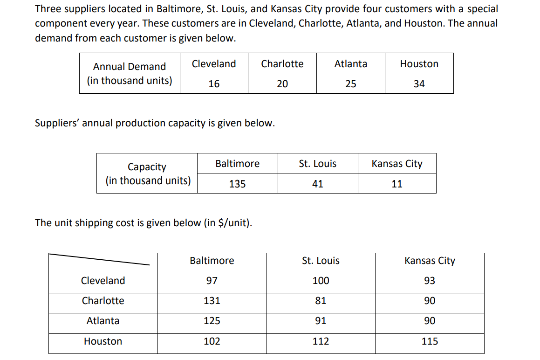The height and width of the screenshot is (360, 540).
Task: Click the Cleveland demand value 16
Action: pos(214,84)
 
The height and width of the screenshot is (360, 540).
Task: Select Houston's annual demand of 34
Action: pos(419,84)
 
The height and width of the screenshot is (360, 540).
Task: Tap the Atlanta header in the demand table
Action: pos(350,64)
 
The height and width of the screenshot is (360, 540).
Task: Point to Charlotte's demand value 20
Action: pos(282,84)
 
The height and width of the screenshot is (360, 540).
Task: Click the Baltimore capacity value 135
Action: pos(237,184)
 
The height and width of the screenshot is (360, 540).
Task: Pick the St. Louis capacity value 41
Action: pos(317,184)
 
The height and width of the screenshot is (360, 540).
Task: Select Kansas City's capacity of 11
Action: pos(396,184)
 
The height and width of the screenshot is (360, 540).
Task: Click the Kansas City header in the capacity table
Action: pos(396,164)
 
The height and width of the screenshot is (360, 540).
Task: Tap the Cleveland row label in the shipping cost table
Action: pos(103,281)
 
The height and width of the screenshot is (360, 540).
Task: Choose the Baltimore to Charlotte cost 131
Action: pos(212,301)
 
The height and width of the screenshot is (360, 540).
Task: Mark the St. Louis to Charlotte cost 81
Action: pos(321,301)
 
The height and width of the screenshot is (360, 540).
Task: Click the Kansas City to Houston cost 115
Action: pos(430,341)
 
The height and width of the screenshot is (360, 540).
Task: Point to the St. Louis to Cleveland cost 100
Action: pos(321,281)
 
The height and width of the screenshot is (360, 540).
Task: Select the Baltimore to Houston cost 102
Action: pos(212,341)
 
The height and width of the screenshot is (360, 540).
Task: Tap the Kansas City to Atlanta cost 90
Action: pos(430,321)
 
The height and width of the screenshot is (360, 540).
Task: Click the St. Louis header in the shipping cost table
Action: pos(321,261)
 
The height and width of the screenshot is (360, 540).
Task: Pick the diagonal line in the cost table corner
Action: pos(100,259)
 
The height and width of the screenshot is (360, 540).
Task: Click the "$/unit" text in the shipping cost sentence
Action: pos(233,223)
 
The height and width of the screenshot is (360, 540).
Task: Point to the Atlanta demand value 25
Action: pos(350,84)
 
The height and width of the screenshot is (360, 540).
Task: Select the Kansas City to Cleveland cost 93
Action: pos(430,281)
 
